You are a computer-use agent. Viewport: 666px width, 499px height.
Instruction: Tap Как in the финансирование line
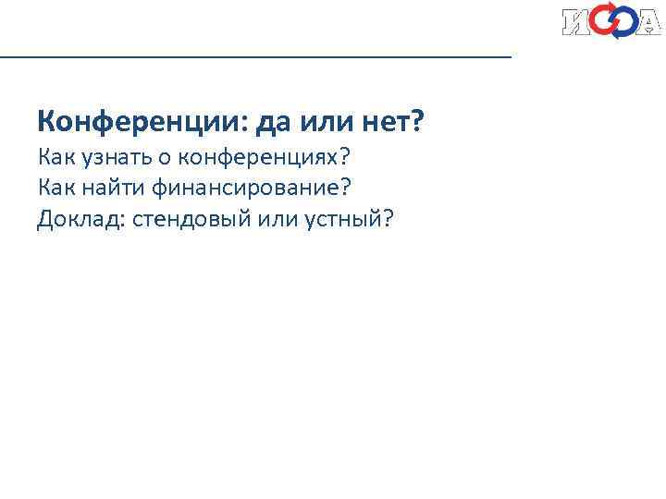(x=56, y=187)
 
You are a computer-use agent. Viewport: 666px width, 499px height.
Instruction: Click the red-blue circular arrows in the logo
(x=612, y=21)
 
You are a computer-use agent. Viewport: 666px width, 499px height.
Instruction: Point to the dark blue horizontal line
(x=255, y=57)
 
